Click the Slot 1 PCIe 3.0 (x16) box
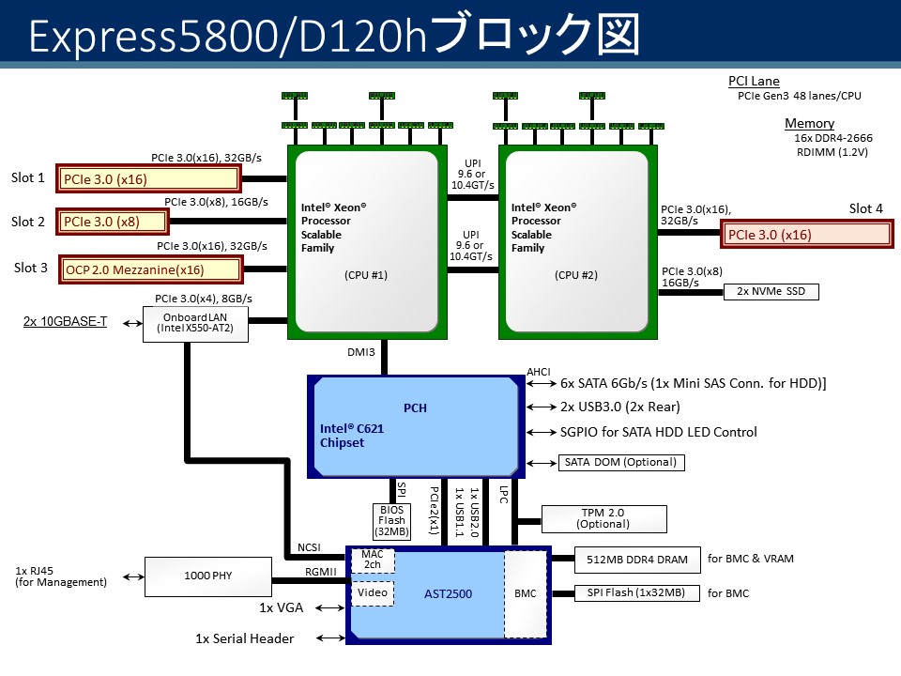[151, 178]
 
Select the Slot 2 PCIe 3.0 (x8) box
[114, 223]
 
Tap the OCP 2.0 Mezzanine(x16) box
[149, 269]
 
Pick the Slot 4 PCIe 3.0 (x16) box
[808, 235]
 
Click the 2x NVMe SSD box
[771, 291]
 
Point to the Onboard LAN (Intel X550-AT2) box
[188, 324]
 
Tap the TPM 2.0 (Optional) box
[603, 517]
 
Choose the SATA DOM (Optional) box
[620, 462]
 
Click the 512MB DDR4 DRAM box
[636, 560]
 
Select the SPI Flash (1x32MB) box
[636, 592]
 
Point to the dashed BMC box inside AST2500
[526, 593]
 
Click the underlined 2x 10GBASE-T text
[66, 322]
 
